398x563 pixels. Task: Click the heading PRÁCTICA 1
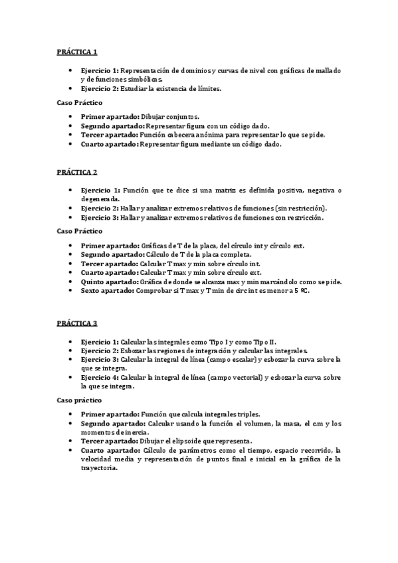[76, 52]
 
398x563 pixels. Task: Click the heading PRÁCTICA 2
[76, 172]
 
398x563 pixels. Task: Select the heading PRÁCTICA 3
[76, 323]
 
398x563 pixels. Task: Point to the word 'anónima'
[212, 134]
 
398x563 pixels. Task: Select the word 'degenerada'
[100, 199]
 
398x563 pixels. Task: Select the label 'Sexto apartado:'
[107, 290]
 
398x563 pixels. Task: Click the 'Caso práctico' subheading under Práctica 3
[78, 401]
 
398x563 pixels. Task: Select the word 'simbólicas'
[143, 79]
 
